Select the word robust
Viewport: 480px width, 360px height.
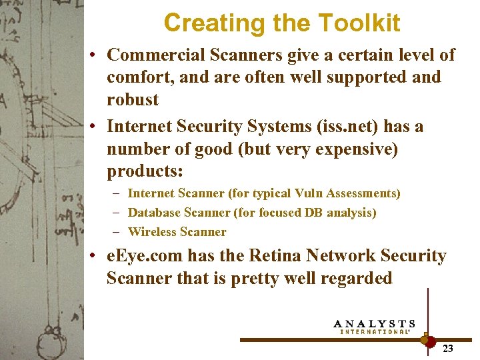coord(133,100)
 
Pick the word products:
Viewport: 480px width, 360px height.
coord(145,172)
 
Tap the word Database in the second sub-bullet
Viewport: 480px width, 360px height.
coord(152,213)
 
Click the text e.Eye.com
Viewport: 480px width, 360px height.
coord(145,256)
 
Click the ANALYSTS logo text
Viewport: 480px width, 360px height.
coord(373,323)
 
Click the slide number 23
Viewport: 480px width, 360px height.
coord(448,348)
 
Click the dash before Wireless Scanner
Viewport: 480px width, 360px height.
coord(117,232)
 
